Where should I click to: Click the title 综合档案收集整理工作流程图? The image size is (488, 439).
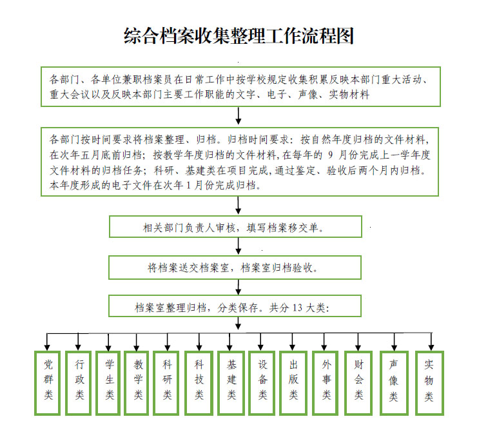(239, 36)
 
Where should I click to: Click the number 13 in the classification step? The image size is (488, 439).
(297, 307)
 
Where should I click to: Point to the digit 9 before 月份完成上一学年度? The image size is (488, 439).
(331, 155)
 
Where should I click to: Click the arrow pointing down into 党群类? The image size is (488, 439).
(47, 342)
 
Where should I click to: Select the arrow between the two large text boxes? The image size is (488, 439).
(239, 116)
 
